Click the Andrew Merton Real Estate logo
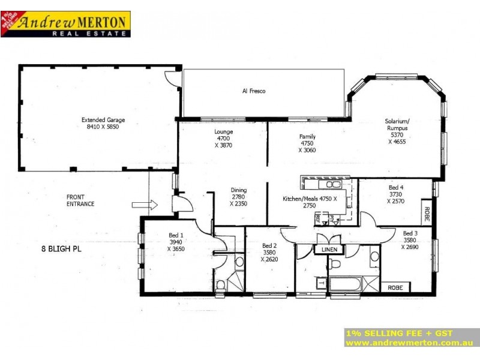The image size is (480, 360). coord(65,25)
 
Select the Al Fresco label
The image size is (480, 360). coord(253,91)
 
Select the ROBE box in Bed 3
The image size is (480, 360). coord(395,287)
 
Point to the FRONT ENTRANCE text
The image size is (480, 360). coord(80,200)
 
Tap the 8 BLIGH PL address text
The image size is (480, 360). coord(61,247)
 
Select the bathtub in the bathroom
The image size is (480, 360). coord(344,283)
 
